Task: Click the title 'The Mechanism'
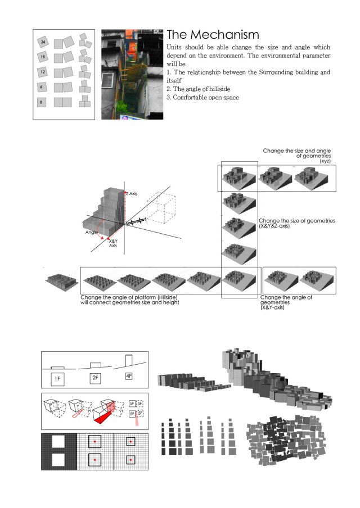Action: (x=213, y=35)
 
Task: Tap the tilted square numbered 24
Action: (x=42, y=42)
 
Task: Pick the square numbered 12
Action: (x=42, y=72)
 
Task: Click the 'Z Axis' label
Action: (x=132, y=193)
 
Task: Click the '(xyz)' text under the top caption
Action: (x=325, y=161)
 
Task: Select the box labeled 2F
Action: (x=96, y=378)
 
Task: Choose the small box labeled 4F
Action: (x=129, y=377)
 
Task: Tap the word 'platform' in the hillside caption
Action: (x=139, y=297)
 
